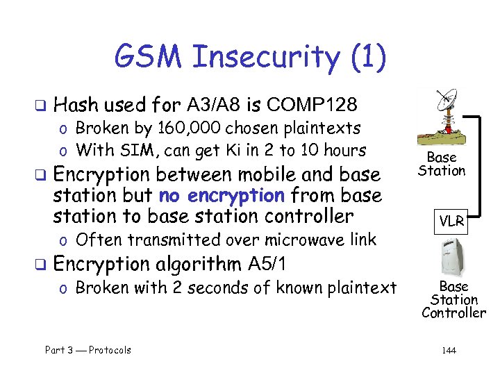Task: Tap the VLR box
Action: coord(451,223)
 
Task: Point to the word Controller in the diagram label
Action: coord(453,313)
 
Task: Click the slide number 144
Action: coord(449,350)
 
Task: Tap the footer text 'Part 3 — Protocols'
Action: coord(88,350)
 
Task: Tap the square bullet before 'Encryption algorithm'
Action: coord(41,265)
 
